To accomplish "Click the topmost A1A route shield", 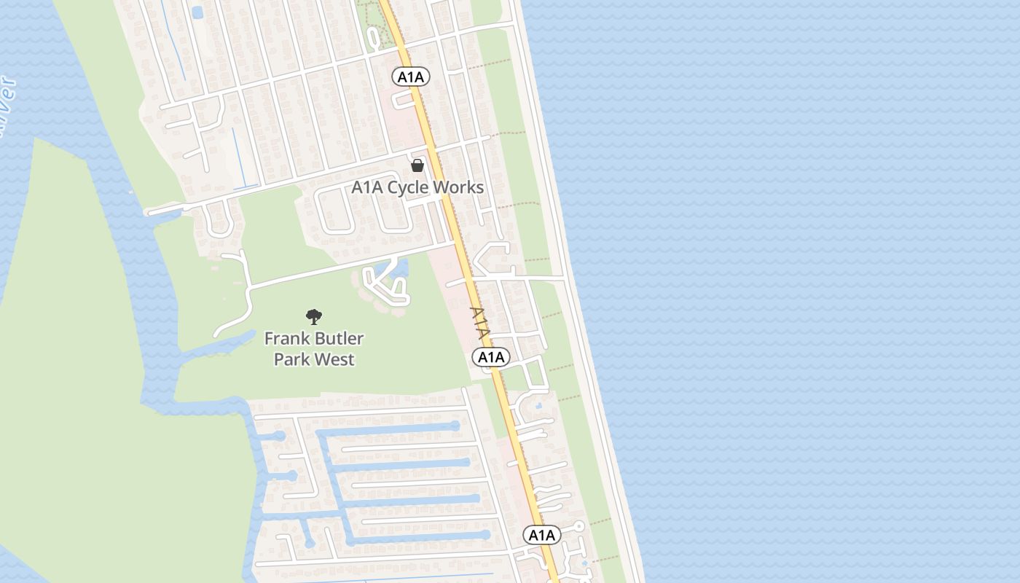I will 411,76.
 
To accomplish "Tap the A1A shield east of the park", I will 491,357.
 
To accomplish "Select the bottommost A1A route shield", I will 542,536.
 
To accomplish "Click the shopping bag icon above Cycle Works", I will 417,165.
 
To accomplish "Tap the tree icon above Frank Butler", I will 314,316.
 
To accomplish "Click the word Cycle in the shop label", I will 408,187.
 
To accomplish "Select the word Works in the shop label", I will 458,187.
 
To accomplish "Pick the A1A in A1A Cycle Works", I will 367,187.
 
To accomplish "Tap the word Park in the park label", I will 289,359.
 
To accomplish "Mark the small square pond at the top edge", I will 197,12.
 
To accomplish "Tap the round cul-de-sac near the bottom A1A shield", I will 579,525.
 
